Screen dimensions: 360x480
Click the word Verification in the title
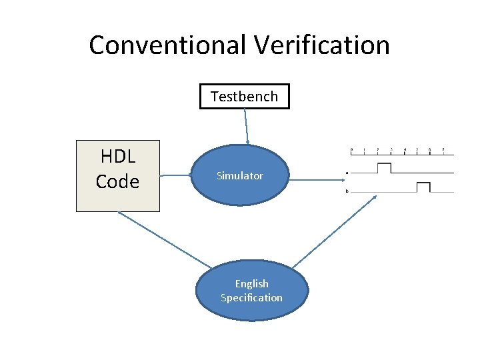coord(321,45)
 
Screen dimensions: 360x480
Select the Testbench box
coord(245,96)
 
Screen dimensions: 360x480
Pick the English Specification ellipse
coord(251,291)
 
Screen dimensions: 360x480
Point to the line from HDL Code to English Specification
coord(163,240)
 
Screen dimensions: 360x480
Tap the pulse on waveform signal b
coord(423,187)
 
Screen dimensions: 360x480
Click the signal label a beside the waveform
coord(347,173)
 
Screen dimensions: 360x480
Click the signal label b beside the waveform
coord(347,192)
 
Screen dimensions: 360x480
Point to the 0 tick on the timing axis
coord(351,149)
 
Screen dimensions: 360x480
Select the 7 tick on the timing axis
coord(443,149)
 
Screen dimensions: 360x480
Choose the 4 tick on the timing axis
coord(405,149)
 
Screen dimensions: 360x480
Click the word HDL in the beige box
coord(118,157)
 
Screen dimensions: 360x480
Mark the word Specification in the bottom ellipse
coord(251,298)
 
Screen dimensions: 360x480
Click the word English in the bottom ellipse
coord(251,283)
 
